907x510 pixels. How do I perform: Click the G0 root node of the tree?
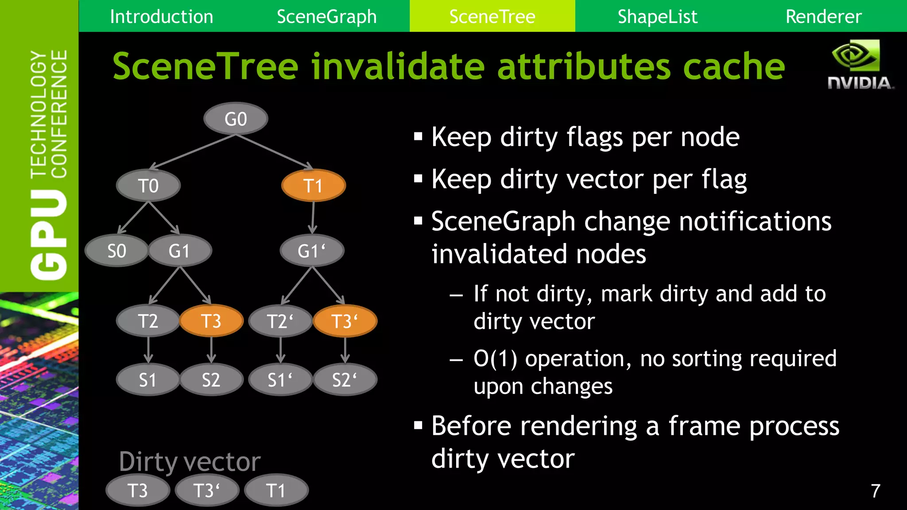coord(236,119)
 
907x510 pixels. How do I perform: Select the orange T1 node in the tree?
coord(313,185)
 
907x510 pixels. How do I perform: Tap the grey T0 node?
coord(148,185)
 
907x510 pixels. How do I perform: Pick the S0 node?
coord(116,251)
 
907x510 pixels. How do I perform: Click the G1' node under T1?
coord(312,251)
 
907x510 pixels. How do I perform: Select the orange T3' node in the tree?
coord(345,321)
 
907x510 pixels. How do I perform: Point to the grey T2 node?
coord(148,321)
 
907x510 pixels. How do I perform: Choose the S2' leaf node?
coord(345,380)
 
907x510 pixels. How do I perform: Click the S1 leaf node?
coord(148,380)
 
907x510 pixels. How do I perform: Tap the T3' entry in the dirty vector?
coord(207,491)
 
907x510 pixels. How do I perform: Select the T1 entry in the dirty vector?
coord(276,491)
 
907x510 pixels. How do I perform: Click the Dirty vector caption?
coord(190,462)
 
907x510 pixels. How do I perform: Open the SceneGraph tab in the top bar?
coord(327,16)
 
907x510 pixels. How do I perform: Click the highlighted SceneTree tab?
coord(492,16)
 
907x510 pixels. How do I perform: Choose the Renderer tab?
coord(823,16)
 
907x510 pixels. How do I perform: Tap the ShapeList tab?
coord(657,16)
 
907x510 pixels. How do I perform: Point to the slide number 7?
coord(875,491)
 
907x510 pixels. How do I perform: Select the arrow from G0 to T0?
coord(193,152)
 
